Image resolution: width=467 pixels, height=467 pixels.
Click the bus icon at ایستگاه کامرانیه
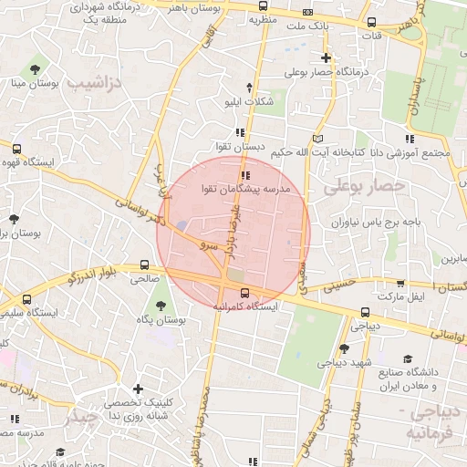pos(244,293)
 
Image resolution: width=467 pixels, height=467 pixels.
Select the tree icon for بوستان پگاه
pos(161,306)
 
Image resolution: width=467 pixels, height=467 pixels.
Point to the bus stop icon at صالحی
pos(145,266)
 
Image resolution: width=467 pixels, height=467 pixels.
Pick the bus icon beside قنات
pos(370,23)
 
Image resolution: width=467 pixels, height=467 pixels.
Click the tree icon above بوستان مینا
pos(34,69)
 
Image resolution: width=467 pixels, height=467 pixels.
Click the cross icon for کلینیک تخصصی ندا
pos(139,389)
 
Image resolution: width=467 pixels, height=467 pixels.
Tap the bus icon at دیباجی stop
pos(365,312)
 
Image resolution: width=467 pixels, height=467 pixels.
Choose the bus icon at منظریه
pos(263,5)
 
